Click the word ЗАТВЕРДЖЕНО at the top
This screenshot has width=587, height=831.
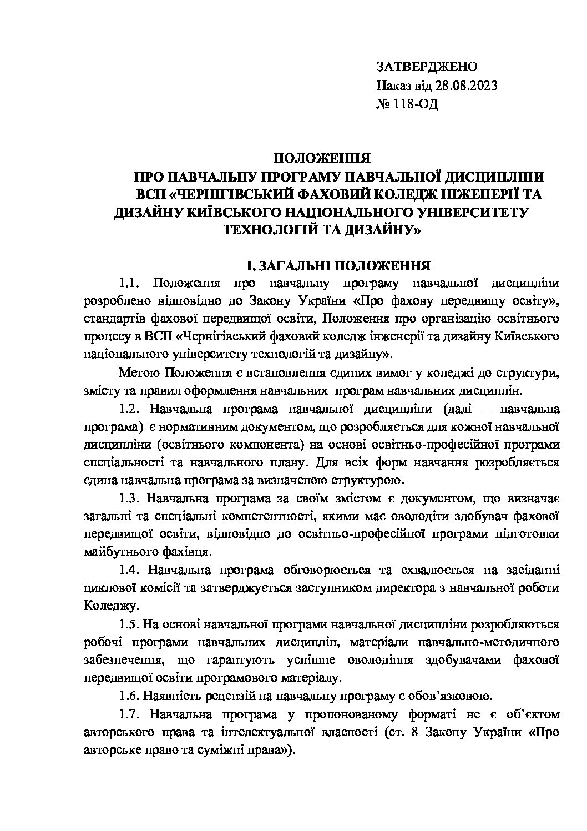[426, 67]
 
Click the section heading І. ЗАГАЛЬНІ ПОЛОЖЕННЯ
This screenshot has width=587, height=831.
[339, 265]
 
